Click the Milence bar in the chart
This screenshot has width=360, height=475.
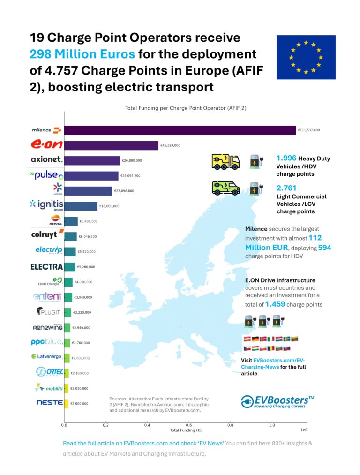click(180, 130)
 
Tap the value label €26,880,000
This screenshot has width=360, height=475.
click(132, 160)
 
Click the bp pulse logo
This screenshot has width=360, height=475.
click(46, 175)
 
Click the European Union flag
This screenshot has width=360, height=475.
click(306, 57)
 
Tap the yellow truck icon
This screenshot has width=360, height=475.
click(225, 161)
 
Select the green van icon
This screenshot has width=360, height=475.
click(225, 188)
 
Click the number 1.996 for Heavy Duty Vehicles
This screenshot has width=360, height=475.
click(286, 158)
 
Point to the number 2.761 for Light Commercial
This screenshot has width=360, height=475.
click(286, 188)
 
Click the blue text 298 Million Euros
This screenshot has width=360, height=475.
click(82, 53)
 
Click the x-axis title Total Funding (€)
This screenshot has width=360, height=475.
click(186, 430)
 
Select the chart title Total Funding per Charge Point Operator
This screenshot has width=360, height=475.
click(186, 108)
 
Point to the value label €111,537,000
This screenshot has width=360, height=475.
click(309, 130)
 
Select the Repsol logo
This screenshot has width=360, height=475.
click(56, 220)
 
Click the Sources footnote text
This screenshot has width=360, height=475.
click(158, 404)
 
